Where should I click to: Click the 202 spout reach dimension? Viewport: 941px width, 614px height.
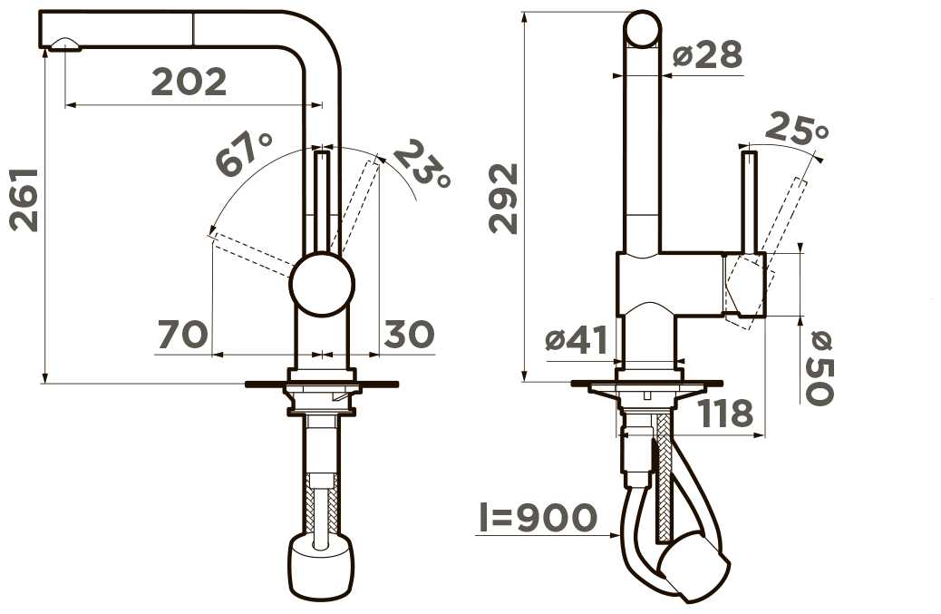pos(189,83)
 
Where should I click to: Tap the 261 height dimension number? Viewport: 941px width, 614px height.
pos(24,200)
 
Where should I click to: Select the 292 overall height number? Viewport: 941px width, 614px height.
pos(503,198)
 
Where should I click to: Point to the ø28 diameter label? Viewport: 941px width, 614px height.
pos(707,55)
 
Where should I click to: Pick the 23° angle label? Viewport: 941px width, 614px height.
pos(422,164)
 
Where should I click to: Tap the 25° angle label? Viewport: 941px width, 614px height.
pos(796,128)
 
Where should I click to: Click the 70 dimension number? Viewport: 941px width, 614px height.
pos(183,335)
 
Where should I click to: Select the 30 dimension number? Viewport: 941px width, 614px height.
pos(409,334)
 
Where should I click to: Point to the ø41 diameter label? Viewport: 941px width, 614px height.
pos(577,340)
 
